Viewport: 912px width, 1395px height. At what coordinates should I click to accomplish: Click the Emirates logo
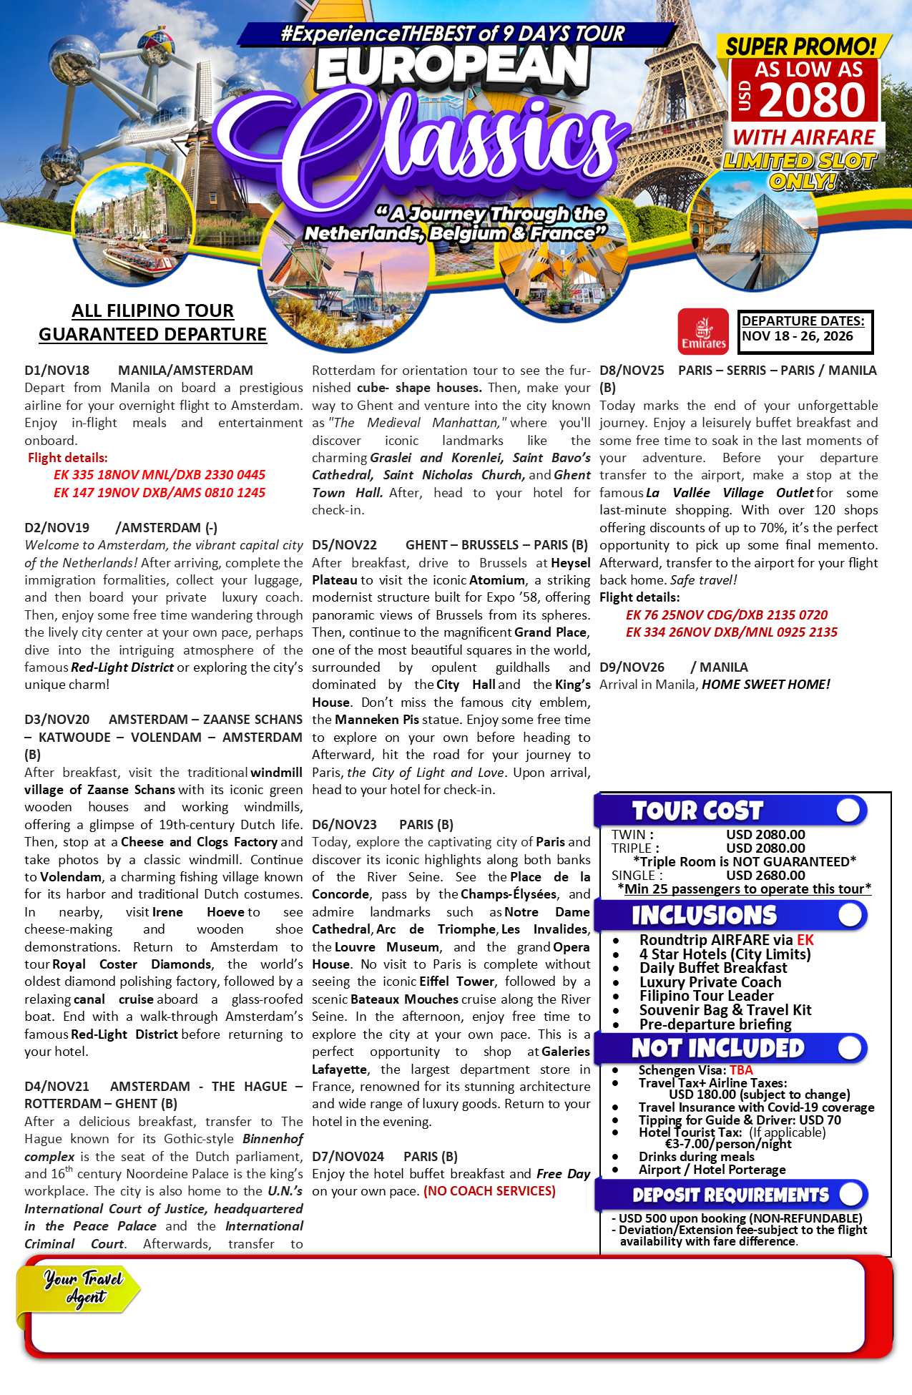(703, 331)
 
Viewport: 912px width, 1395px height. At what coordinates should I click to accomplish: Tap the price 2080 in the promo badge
(813, 100)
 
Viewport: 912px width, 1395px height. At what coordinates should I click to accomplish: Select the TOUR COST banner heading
(697, 811)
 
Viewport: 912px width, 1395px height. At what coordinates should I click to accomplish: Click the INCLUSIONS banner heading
(704, 915)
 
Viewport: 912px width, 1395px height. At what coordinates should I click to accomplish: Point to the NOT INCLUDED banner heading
(717, 1048)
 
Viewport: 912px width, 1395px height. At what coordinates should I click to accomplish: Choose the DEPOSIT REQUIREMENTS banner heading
(730, 1195)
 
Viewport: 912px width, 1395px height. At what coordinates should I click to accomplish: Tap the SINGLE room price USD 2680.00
(765, 875)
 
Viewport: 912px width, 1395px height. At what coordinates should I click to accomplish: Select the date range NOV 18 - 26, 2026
(798, 336)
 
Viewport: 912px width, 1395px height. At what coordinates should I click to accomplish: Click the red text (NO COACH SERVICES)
(489, 1191)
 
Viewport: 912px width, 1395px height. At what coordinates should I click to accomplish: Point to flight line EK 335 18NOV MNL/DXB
(159, 475)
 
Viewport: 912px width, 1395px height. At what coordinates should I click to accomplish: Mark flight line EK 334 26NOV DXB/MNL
(731, 632)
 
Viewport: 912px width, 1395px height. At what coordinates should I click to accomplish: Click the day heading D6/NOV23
(344, 825)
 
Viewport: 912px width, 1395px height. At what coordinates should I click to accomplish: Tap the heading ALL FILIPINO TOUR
(152, 310)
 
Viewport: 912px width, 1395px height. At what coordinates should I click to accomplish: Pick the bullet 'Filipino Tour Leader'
(706, 996)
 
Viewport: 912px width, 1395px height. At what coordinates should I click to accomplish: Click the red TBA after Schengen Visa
(741, 1070)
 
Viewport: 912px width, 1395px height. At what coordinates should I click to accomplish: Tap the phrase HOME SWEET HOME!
(765, 685)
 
